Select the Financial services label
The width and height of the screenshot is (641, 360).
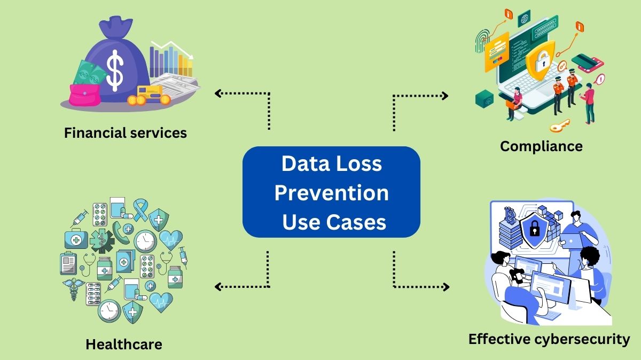click(x=126, y=132)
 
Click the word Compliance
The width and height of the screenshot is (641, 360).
click(x=541, y=146)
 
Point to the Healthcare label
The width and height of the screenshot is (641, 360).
click(x=123, y=345)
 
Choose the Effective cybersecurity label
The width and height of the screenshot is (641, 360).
click(x=549, y=339)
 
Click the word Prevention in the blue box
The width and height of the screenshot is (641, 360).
click(x=331, y=192)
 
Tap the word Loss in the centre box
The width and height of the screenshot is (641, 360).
click(x=358, y=163)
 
